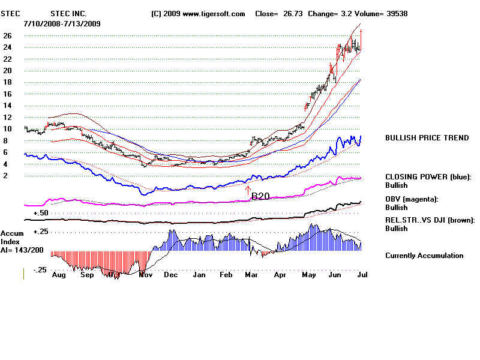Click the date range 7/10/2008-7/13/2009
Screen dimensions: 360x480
pyautogui.click(x=62, y=23)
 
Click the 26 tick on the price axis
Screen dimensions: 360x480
pyautogui.click(x=8, y=35)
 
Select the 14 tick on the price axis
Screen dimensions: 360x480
pyautogui.click(x=8, y=106)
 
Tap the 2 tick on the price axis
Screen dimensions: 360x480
pyautogui.click(x=5, y=176)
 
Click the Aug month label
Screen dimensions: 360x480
pyautogui.click(x=59, y=274)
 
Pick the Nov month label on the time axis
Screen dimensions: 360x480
pyautogui.click(x=145, y=274)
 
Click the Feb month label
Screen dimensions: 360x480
pyautogui.click(x=226, y=274)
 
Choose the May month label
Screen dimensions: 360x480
pyautogui.click(x=308, y=274)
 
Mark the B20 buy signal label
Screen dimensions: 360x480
pyautogui.click(x=260, y=196)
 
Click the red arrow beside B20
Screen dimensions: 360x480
pyautogui.click(x=247, y=191)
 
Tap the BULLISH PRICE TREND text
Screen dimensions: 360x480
pyautogui.click(x=427, y=138)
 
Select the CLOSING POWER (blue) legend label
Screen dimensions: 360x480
pyautogui.click(x=428, y=177)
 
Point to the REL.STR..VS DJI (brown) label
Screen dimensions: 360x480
pyautogui.click(x=430, y=220)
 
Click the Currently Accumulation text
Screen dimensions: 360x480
pyautogui.click(x=424, y=256)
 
